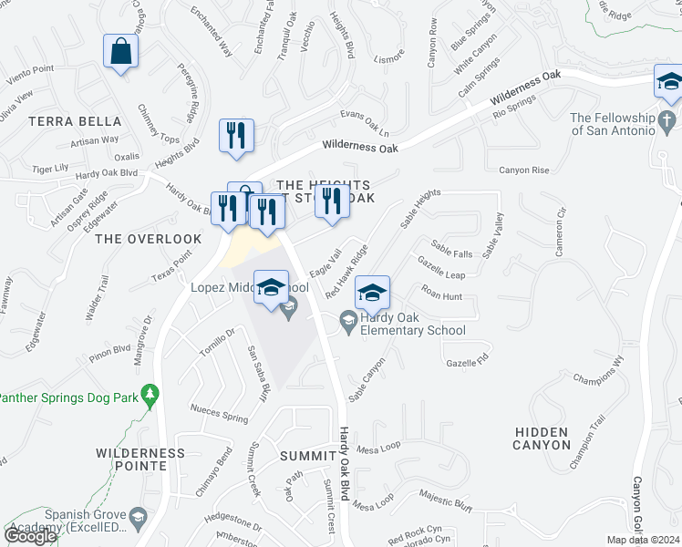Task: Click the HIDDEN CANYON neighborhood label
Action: click(542, 439)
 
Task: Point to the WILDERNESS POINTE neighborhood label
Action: click(139, 459)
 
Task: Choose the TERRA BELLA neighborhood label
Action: click(75, 121)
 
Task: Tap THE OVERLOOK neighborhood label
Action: click(148, 239)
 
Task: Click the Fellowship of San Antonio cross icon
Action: click(667, 119)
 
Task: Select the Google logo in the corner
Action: click(30, 536)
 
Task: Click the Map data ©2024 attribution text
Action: click(644, 540)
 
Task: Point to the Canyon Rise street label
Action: click(523, 170)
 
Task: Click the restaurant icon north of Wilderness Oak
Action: click(236, 135)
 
